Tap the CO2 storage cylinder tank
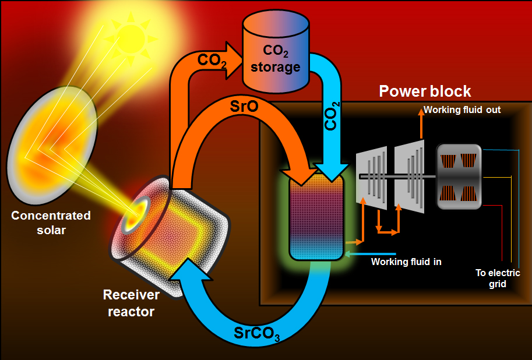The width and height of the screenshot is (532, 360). point(276,51)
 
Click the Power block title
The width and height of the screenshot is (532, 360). point(425,91)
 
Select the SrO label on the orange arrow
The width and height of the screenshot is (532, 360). point(244,106)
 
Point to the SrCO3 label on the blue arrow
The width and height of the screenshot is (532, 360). point(257,334)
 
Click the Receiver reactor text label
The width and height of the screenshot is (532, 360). point(131,303)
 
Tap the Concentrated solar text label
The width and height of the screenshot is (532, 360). point(51,223)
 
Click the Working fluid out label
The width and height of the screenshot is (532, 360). point(462,110)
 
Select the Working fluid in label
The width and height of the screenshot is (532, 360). point(406,262)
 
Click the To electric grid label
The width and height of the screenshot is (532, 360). point(498,278)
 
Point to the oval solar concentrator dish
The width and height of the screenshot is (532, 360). point(52,145)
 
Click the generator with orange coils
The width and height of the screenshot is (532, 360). point(459,177)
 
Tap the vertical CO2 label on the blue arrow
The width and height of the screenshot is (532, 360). point(331,116)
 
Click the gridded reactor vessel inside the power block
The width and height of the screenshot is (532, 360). point(316,217)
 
